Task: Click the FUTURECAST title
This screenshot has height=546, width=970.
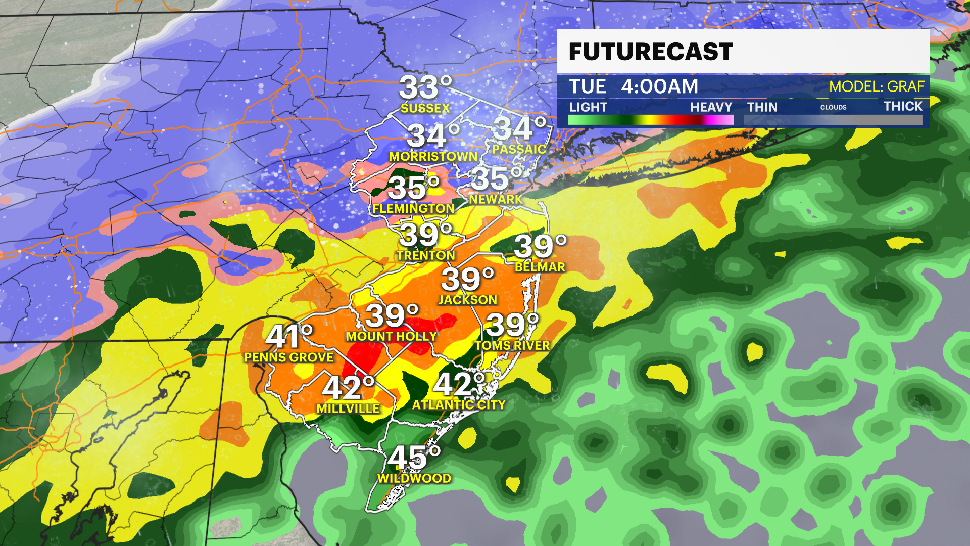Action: point(651,52)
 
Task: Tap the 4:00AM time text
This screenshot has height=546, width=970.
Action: point(659,87)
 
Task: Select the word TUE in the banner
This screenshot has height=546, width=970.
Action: point(587,87)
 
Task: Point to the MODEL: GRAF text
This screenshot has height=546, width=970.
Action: point(877,87)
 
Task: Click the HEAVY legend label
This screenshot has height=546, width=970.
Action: point(711,107)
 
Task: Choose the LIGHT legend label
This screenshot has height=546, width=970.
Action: point(588,107)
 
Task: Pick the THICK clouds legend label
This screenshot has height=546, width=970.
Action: point(903,106)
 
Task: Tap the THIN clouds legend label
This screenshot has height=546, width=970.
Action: point(762,107)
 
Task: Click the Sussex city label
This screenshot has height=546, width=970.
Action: point(425,108)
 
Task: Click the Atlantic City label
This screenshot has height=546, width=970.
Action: point(459,405)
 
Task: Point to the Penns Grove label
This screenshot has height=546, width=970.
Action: point(288,357)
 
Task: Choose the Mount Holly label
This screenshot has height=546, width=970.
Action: point(392,336)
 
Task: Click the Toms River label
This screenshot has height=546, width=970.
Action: point(512,345)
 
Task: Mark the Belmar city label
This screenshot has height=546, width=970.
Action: point(540,267)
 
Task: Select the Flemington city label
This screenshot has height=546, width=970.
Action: point(414,208)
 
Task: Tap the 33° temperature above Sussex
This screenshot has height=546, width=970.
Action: point(425,87)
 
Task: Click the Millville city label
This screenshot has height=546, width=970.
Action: point(348,408)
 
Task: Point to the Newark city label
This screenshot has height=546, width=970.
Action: point(496,199)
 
